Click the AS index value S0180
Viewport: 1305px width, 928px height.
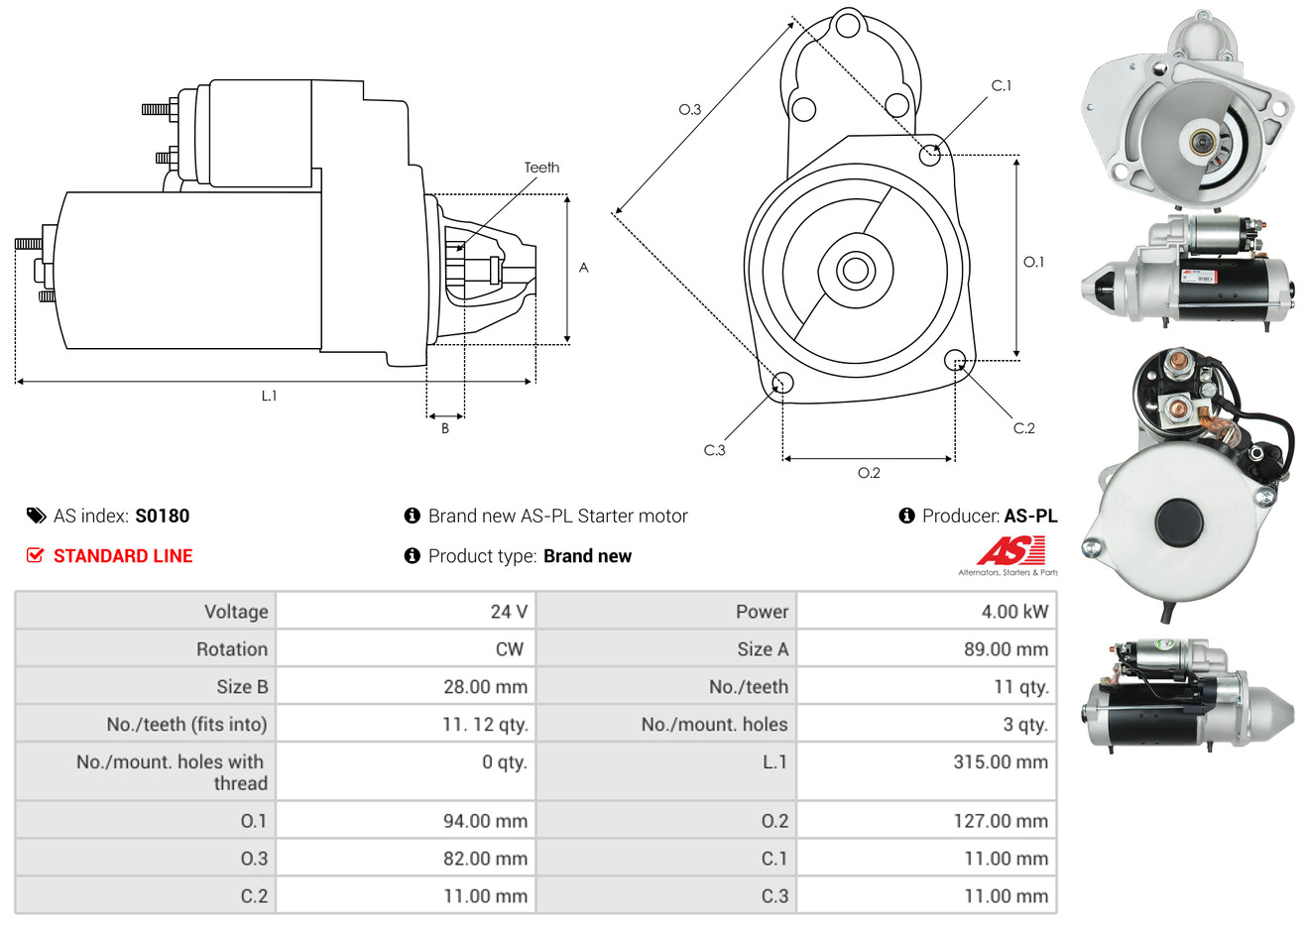tap(162, 516)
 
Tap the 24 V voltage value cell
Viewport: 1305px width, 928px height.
tap(509, 612)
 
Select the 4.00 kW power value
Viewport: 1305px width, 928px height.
tap(1013, 612)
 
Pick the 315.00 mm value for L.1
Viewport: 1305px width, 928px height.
tap(1000, 762)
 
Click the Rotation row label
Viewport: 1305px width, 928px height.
tap(232, 649)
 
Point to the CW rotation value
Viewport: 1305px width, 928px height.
tap(509, 649)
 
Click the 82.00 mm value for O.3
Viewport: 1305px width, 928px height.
tap(485, 859)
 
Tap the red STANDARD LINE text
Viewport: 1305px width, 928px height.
tap(123, 556)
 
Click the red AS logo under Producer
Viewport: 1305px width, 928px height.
tap(1010, 551)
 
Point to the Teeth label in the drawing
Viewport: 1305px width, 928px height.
tap(541, 168)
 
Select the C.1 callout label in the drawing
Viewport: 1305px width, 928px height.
tap(1002, 86)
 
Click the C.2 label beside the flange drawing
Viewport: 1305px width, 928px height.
tap(1023, 428)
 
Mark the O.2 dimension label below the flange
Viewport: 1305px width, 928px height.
tap(869, 473)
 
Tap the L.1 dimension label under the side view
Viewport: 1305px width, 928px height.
tap(269, 396)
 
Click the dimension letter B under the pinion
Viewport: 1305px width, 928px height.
tap(445, 428)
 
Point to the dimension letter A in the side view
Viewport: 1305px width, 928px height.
tap(584, 268)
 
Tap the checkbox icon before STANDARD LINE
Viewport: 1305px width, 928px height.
tap(35, 555)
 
